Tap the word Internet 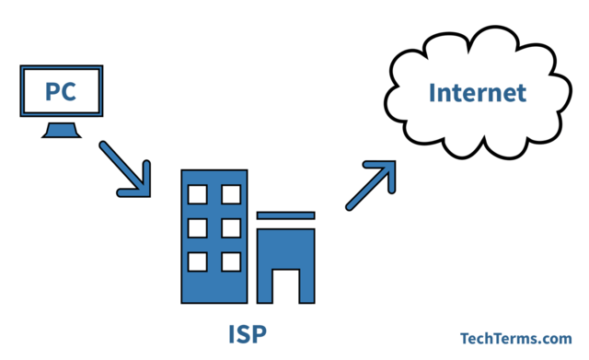[478, 93]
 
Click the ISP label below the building [248, 331]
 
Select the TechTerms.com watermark [516, 338]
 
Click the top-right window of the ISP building [230, 193]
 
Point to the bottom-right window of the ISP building [230, 261]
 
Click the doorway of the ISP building [285, 286]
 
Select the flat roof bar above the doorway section [285, 215]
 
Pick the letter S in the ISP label [248, 331]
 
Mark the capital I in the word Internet [433, 93]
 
